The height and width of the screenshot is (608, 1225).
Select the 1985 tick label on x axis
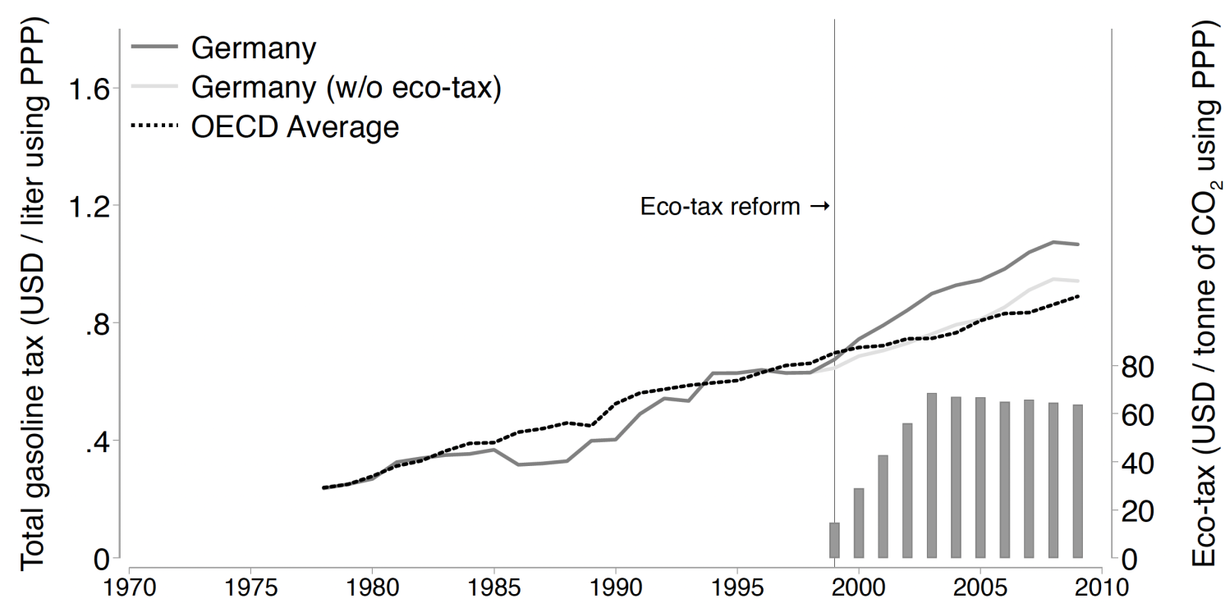pyautogui.click(x=493, y=589)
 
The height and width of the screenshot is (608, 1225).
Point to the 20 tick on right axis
pyautogui.click(x=1140, y=511)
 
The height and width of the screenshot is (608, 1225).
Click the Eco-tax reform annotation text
pyautogui.click(x=719, y=207)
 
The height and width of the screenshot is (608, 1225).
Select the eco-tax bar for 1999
pyautogui.click(x=834, y=540)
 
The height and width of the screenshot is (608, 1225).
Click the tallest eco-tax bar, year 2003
pyautogui.click(x=931, y=476)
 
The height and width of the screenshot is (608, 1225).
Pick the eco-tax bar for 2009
pyautogui.click(x=1077, y=482)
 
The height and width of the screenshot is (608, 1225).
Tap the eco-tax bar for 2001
pyautogui.click(x=883, y=506)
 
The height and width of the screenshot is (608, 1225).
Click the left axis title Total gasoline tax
pyautogui.click(x=33, y=304)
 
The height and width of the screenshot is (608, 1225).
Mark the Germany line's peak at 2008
pyautogui.click(x=1053, y=242)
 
